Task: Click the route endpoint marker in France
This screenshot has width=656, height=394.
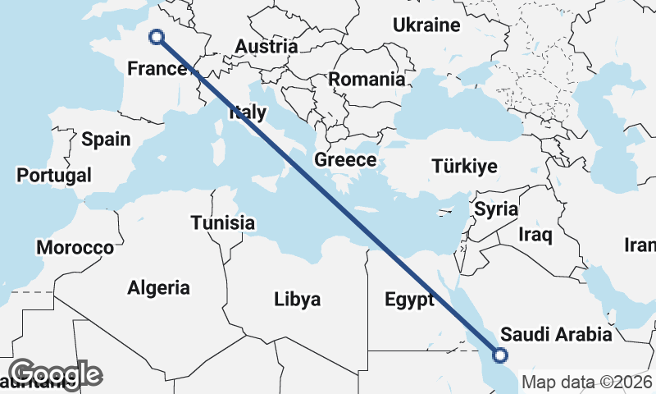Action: [156, 36]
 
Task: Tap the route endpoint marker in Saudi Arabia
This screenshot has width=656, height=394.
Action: [500, 355]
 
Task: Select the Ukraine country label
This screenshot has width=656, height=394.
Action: [426, 25]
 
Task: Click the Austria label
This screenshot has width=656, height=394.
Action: [266, 47]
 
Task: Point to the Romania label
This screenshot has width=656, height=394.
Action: [367, 80]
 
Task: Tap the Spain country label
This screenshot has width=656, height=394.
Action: [106, 139]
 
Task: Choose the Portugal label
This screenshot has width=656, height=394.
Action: [54, 175]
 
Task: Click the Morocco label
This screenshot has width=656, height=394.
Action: [75, 247]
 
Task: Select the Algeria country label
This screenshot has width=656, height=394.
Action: [158, 287]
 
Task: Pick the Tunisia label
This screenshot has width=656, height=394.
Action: [222, 222]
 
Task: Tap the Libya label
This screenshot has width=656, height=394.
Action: [297, 299]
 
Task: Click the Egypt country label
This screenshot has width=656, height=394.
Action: [409, 300]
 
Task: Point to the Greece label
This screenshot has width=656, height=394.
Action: [345, 160]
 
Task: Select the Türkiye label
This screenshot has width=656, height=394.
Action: [464, 167]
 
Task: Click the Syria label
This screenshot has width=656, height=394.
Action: [496, 208]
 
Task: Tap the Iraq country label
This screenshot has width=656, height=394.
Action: [535, 235]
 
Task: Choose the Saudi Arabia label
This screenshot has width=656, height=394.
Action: [556, 334]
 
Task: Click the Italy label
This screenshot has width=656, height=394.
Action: [247, 113]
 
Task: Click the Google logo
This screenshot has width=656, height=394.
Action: [55, 374]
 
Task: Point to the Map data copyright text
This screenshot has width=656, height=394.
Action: [587, 382]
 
